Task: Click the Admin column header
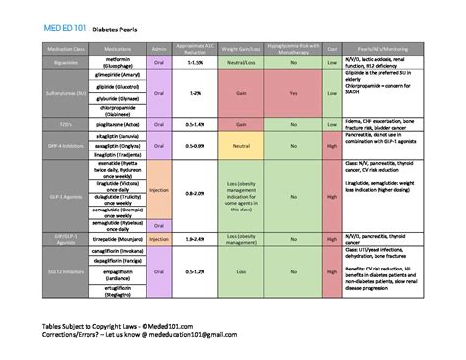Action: (x=159, y=47)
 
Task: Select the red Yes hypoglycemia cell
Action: (x=295, y=93)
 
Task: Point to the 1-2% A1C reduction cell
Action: (x=195, y=93)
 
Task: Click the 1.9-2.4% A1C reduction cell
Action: (x=195, y=238)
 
